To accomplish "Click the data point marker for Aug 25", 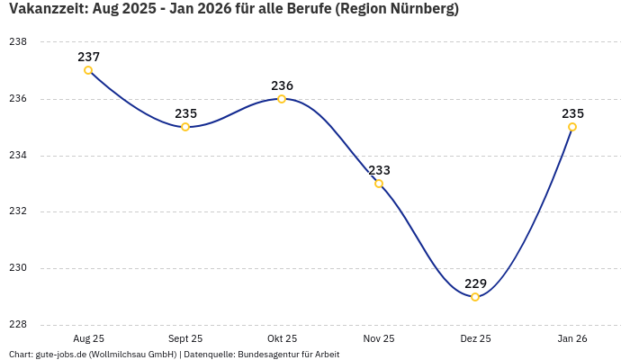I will point(88,70).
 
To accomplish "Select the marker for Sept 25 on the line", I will point(185,127).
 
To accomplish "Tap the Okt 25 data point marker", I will point(282,99).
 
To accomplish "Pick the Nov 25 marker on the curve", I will point(379,184).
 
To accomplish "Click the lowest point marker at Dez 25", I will point(475,297).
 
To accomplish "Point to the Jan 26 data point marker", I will point(572,127).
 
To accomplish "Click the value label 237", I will point(88,57).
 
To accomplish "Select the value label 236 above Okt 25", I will point(282,85).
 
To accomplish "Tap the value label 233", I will point(379,170).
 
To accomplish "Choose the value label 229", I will point(475,283).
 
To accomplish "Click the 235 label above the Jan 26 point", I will point(572,113).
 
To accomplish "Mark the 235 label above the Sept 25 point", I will point(185,113).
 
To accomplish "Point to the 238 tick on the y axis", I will point(18,42).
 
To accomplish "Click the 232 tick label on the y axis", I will point(18,211).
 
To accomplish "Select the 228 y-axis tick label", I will point(18,325).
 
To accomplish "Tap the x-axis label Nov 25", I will point(379,338).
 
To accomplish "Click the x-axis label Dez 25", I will point(475,338).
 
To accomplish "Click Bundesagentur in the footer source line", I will point(266,355).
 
